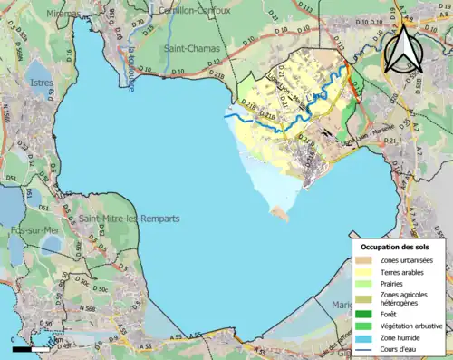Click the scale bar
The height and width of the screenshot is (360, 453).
tap(31, 348)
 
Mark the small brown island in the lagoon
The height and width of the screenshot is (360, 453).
tap(281, 213)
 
